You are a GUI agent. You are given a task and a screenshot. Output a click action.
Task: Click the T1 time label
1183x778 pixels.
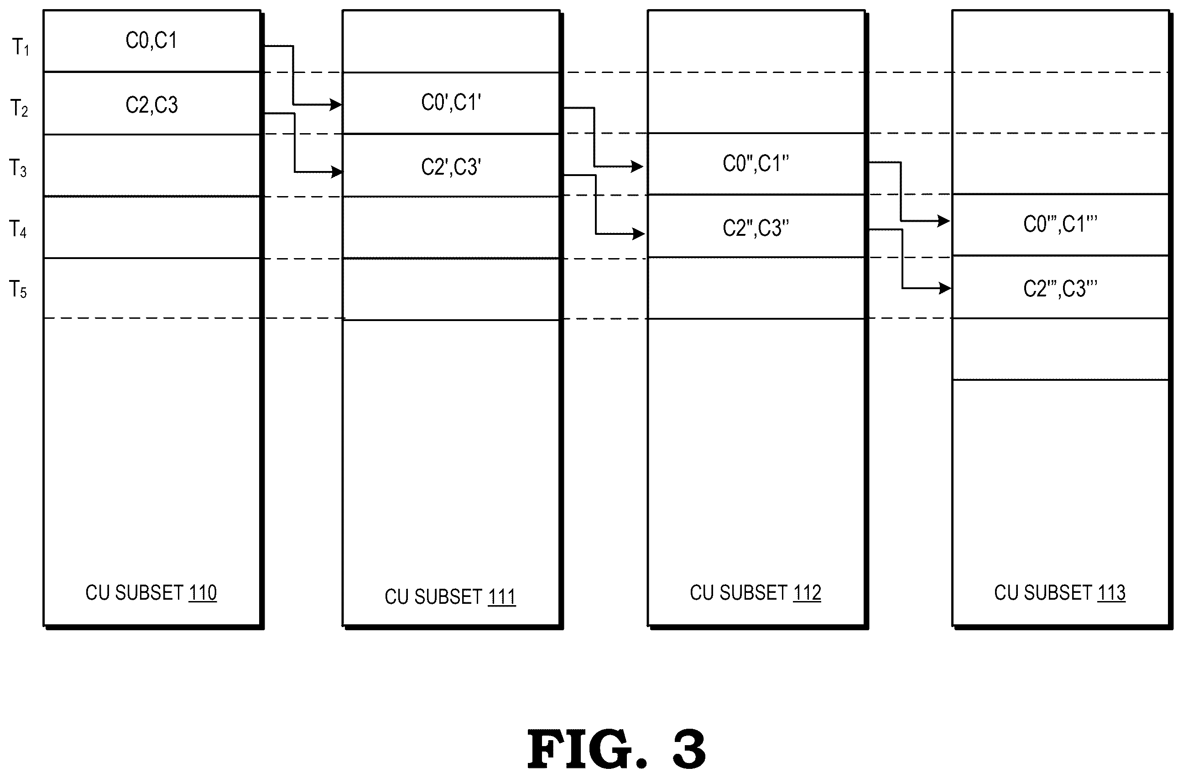[x=21, y=47]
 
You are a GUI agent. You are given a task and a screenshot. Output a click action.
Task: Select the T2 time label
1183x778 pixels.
[x=19, y=108]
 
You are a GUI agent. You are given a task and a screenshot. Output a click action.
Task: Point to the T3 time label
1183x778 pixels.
[x=18, y=168]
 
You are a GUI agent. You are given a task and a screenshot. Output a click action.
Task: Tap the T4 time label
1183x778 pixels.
[x=18, y=229]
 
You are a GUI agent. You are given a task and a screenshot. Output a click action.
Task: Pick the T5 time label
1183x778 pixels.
[x=18, y=289]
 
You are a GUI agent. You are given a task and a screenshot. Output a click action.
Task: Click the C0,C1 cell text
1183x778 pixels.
[x=151, y=40]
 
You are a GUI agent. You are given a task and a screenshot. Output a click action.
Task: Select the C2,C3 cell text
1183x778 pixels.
[x=151, y=105]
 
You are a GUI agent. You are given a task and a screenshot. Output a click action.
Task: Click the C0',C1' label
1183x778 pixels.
[x=451, y=102]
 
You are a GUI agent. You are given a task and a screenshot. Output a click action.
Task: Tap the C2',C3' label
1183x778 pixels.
[x=451, y=167]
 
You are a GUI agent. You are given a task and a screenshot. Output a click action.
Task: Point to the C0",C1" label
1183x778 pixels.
[x=756, y=163]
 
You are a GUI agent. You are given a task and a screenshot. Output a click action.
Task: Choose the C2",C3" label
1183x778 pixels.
[x=756, y=228]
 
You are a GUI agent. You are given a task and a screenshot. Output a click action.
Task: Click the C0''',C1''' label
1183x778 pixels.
[x=1060, y=224]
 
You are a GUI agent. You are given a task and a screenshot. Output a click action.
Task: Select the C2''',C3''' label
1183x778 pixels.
[x=1060, y=289]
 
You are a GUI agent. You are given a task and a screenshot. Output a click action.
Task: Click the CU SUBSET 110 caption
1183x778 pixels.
[x=151, y=593]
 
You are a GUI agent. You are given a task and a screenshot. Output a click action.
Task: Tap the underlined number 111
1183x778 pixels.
[x=501, y=596]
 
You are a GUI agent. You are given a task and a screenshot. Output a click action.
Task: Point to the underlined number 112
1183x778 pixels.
[x=807, y=593]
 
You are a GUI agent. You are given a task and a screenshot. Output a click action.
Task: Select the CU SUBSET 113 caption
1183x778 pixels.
[x=1060, y=593]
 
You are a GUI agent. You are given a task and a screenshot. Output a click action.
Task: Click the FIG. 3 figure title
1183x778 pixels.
[x=616, y=749]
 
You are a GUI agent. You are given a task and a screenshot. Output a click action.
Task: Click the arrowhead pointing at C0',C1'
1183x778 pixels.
[x=337, y=105]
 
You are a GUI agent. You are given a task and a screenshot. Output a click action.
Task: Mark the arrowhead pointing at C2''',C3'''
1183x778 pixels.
[x=945, y=288]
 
